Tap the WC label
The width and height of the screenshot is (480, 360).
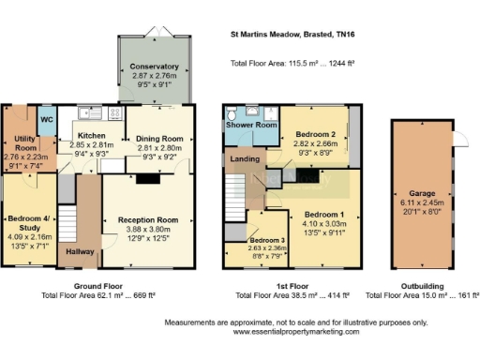[46, 121]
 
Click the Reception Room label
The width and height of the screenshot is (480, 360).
[148, 218]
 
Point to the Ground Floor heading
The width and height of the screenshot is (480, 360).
[97, 285]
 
